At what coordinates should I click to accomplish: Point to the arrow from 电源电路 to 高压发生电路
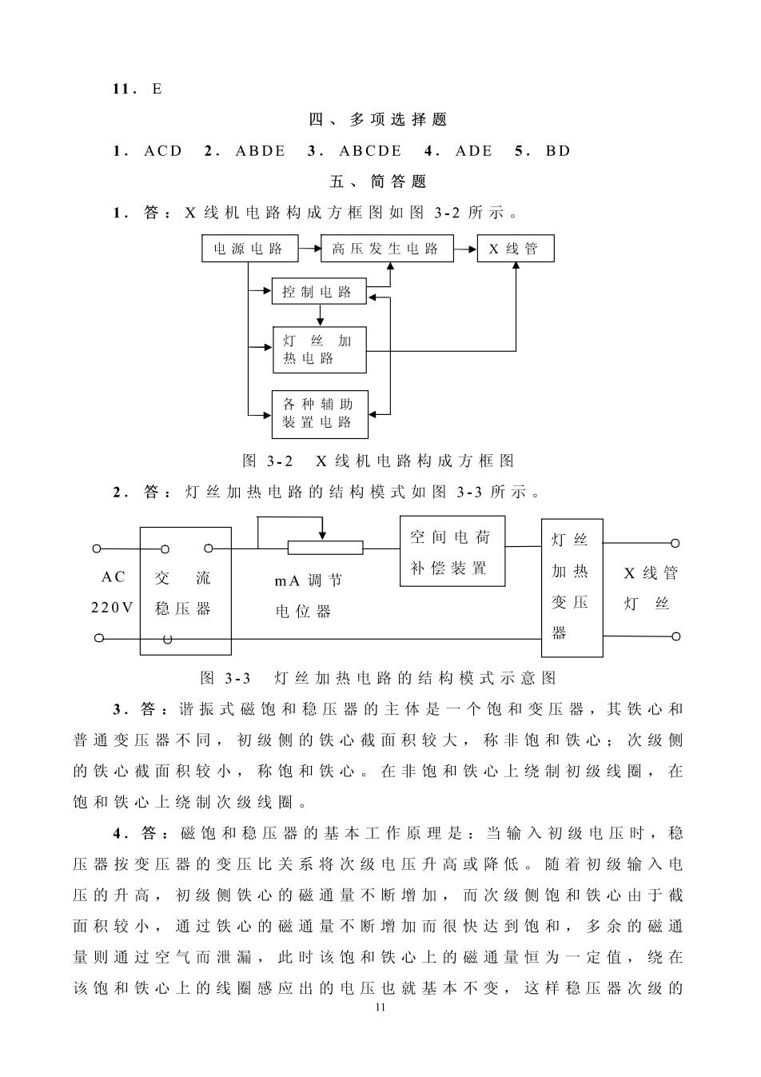click(x=309, y=249)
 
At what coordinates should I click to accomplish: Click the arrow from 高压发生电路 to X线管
click(x=465, y=249)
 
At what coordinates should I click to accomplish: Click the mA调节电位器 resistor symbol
click(x=325, y=548)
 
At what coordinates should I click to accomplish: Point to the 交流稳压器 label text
click(x=183, y=592)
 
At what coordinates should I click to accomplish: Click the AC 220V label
click(x=113, y=592)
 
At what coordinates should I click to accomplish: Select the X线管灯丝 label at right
click(x=651, y=588)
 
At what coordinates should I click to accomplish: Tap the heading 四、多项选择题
click(x=378, y=119)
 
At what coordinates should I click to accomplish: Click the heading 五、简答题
click(x=378, y=181)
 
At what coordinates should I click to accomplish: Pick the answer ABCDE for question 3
click(x=370, y=151)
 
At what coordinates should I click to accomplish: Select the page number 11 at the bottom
click(x=380, y=1007)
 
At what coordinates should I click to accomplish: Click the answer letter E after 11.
click(x=157, y=89)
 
